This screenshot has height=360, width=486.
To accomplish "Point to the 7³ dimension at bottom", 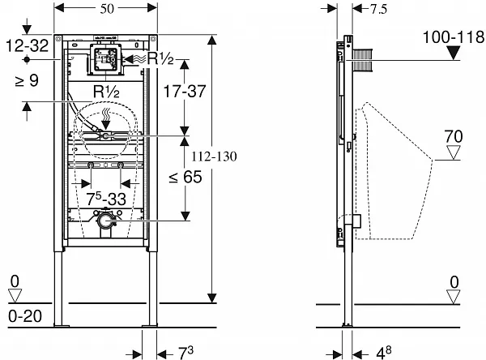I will click(184, 352).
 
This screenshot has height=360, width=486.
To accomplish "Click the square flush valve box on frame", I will click(104, 58).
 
